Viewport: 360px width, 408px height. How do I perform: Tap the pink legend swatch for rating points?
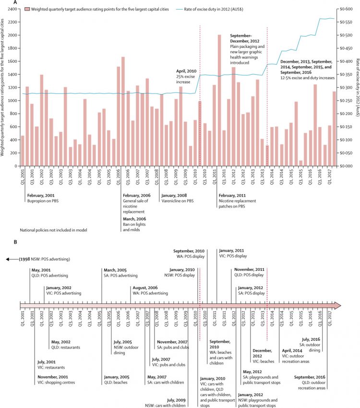click(28, 9)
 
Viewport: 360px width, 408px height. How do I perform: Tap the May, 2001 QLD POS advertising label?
click(49, 273)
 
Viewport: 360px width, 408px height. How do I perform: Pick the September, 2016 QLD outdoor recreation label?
click(311, 381)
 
